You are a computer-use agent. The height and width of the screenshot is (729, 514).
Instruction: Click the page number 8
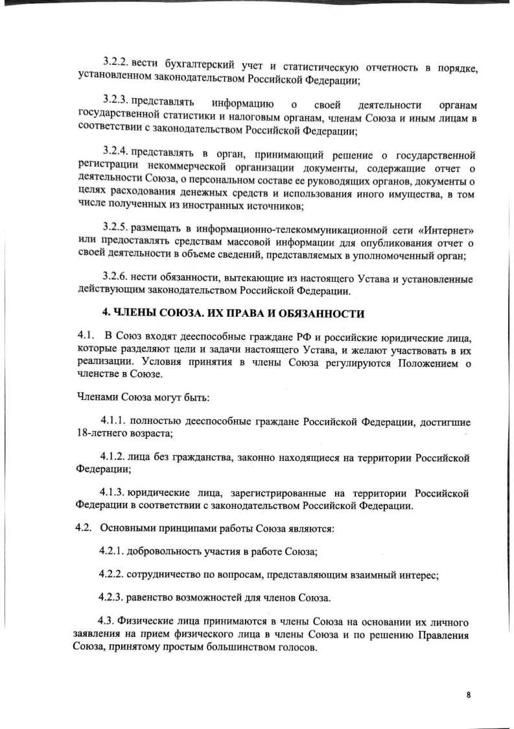(469, 694)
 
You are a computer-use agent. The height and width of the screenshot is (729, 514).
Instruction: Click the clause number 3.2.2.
(117, 61)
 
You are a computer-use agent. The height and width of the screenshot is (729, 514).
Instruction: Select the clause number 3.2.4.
(117, 154)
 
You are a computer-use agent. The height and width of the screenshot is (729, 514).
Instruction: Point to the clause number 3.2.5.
(117, 229)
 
